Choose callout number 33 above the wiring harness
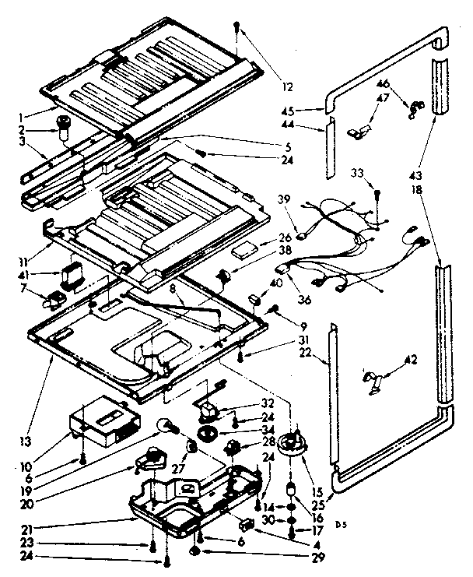tap(359, 172)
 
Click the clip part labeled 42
tap(373, 379)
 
